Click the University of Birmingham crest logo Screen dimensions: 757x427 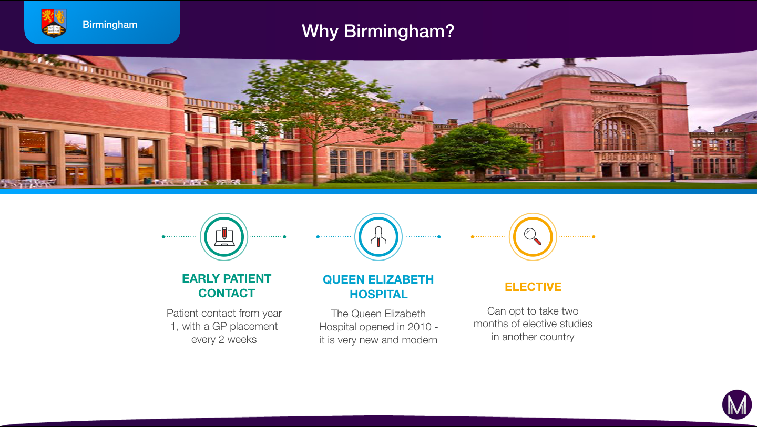click(54, 23)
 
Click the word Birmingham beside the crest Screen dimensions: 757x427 click(110, 25)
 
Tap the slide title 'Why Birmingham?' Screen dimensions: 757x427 click(378, 32)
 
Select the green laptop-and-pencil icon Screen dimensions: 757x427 click(224, 237)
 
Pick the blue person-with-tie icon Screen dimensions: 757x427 click(378, 237)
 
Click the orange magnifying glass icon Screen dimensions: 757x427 click(533, 237)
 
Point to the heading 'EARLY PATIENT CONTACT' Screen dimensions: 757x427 click(227, 286)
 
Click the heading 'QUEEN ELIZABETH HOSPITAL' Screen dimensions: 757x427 click(378, 287)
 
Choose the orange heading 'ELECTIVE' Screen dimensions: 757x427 click(533, 287)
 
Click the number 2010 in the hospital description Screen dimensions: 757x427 click(420, 327)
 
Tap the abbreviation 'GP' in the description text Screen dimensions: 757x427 click(219, 326)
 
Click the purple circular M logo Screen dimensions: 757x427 click(737, 404)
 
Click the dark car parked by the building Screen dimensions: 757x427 click(502, 178)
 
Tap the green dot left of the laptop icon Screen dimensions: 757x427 click(163, 237)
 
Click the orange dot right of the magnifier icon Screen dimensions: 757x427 click(594, 237)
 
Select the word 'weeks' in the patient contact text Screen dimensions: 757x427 click(242, 340)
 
